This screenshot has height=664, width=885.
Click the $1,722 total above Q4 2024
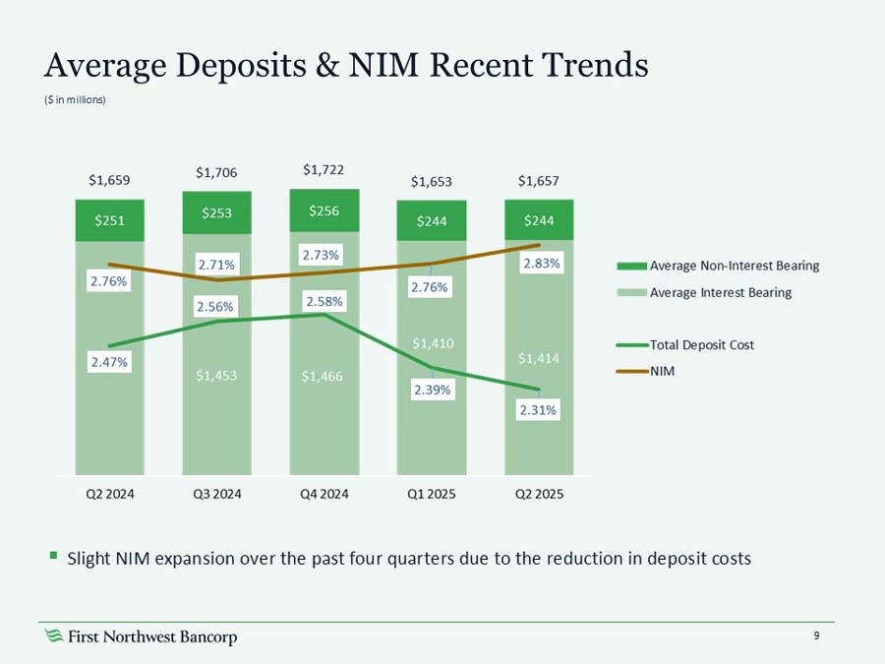click(324, 170)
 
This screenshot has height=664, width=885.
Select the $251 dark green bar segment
click(109, 221)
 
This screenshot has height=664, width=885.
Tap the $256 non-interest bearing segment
click(324, 210)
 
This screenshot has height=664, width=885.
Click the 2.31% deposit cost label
click(539, 412)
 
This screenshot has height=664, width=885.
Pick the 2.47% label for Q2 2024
click(109, 362)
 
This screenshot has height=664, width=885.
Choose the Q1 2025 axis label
click(431, 495)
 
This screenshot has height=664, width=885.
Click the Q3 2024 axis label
click(216, 495)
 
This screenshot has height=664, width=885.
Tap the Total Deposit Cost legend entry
click(701, 345)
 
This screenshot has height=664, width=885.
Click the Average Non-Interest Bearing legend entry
click(734, 266)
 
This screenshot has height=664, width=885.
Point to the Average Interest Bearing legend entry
click(720, 292)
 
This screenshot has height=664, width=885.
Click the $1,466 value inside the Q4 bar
click(324, 375)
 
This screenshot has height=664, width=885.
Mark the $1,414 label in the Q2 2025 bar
click(539, 358)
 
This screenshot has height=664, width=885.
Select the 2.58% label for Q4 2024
click(324, 301)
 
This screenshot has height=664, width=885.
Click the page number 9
click(816, 636)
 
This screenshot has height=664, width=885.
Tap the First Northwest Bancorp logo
click(142, 637)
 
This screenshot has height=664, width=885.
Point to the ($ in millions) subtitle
click(76, 99)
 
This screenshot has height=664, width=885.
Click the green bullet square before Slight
click(54, 557)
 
